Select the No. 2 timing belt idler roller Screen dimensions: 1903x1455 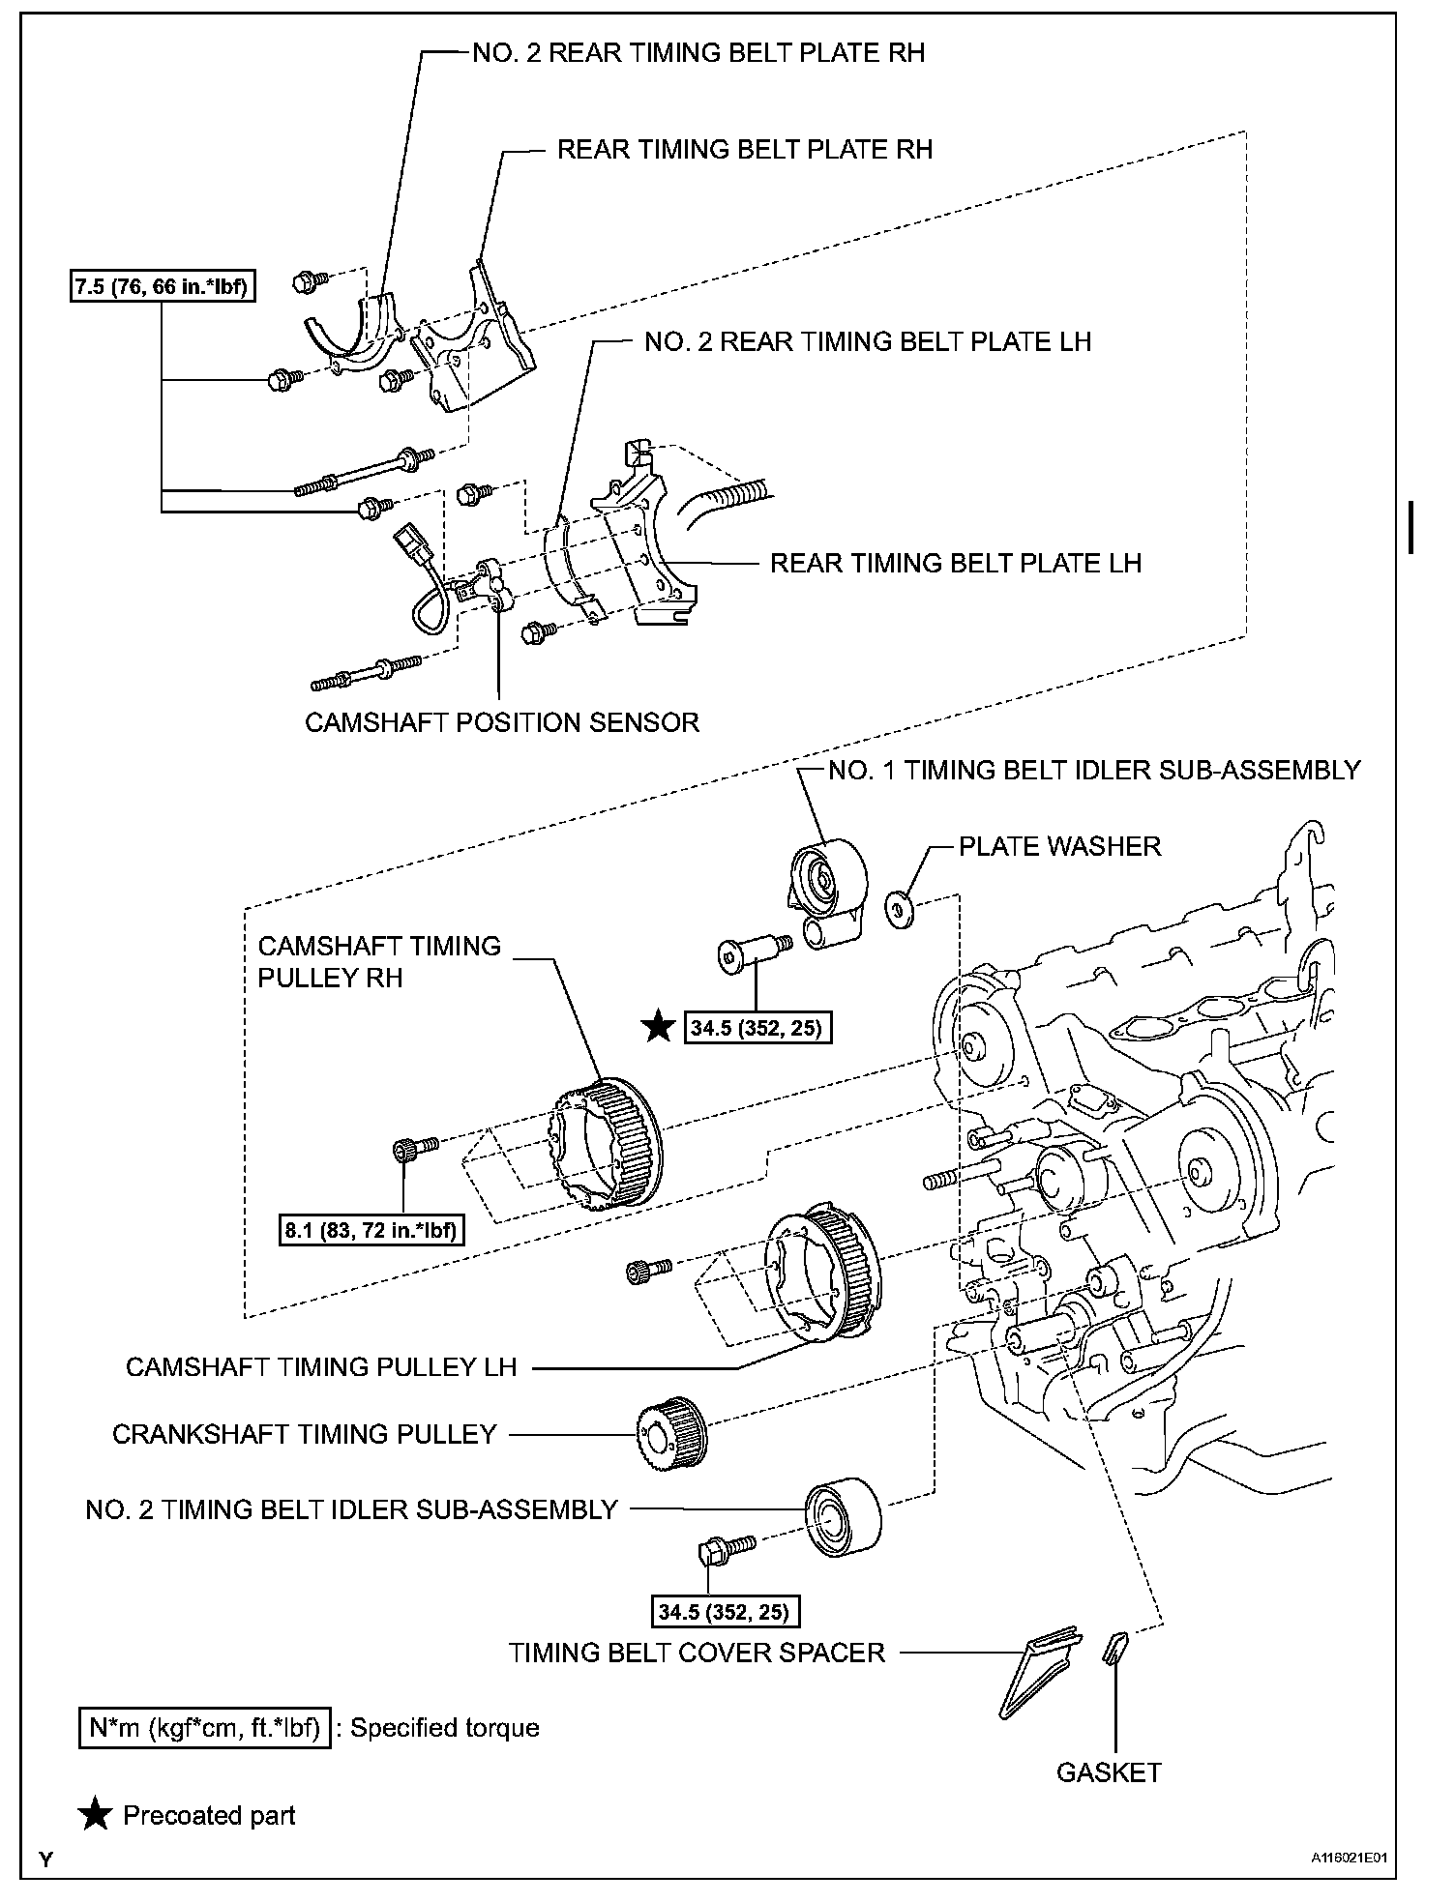pyautogui.click(x=843, y=1516)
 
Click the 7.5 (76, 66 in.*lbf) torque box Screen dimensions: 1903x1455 pyautogui.click(x=163, y=286)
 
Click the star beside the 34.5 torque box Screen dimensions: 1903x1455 pyautogui.click(x=659, y=1027)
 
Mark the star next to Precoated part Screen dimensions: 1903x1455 pyautogui.click(x=95, y=1815)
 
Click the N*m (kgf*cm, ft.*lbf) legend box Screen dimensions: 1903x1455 pyautogui.click(x=204, y=1728)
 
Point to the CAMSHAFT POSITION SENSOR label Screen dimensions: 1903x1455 pyautogui.click(x=501, y=722)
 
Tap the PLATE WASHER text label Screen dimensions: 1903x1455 pyautogui.click(x=1059, y=846)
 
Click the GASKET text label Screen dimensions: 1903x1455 pyautogui.click(x=1108, y=1772)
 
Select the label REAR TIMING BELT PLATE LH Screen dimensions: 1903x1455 pyautogui.click(x=955, y=563)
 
